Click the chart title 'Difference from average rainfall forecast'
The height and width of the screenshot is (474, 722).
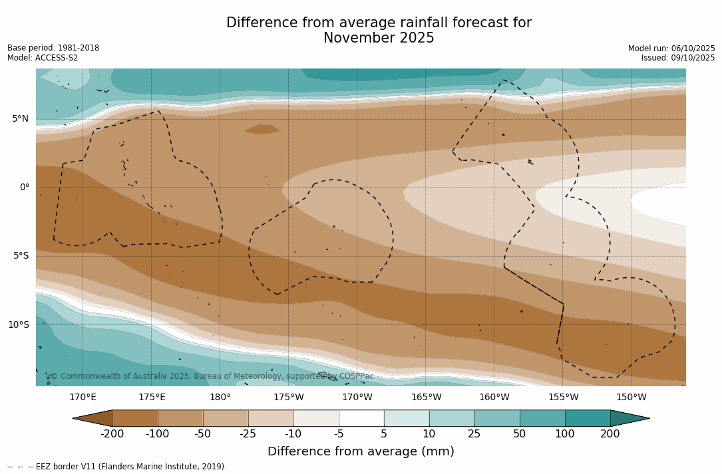click(x=379, y=23)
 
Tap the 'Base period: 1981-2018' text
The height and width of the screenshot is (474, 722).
click(x=53, y=48)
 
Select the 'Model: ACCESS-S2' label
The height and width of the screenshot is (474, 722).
click(x=43, y=58)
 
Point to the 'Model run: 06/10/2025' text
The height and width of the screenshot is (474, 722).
click(x=671, y=49)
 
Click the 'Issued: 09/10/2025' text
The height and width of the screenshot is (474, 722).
click(x=678, y=58)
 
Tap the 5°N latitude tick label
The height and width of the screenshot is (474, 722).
click(x=20, y=119)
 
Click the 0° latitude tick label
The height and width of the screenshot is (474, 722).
click(x=25, y=187)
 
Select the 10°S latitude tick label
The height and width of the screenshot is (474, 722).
click(x=18, y=325)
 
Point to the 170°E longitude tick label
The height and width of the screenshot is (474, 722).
click(x=83, y=398)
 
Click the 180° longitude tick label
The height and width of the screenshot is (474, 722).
click(x=220, y=398)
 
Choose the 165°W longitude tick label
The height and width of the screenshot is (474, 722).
click(x=426, y=398)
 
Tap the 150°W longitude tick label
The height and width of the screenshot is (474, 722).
click(x=631, y=398)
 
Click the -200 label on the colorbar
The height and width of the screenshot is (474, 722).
click(x=112, y=434)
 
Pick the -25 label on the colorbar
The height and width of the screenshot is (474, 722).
click(x=248, y=434)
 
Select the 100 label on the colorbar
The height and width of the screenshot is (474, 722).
click(x=565, y=434)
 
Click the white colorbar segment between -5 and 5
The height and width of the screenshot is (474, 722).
click(x=361, y=418)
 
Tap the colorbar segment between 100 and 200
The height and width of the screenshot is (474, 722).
click(x=588, y=418)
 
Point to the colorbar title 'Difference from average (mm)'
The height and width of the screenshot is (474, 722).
click(x=361, y=452)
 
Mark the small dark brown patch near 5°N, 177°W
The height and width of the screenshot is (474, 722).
click(x=262, y=129)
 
